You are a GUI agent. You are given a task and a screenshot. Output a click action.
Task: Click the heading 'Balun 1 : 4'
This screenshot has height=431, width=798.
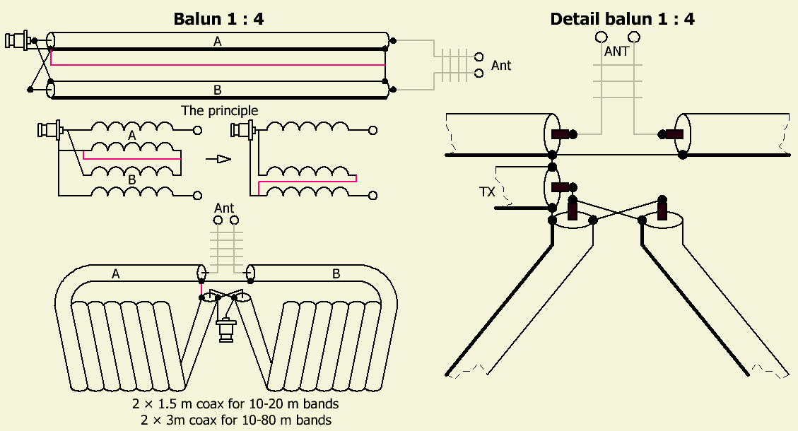click(218, 19)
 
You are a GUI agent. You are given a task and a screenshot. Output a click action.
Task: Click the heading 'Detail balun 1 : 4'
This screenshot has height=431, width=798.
click(622, 19)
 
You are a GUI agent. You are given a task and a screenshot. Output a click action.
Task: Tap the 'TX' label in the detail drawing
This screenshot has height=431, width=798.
click(488, 192)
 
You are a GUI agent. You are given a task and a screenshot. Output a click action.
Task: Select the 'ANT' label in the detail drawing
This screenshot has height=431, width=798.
click(616, 52)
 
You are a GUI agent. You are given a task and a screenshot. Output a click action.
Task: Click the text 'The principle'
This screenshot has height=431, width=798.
click(219, 110)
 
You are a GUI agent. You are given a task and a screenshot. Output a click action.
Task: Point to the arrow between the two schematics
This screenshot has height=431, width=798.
click(218, 159)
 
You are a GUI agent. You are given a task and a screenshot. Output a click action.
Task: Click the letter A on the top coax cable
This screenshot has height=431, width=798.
click(218, 42)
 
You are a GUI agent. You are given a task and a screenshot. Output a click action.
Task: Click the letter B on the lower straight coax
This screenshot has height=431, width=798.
click(218, 90)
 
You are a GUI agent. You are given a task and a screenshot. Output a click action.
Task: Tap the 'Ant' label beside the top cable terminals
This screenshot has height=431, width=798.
click(501, 66)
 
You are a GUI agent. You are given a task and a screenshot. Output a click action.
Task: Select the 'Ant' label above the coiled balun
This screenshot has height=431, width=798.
click(224, 208)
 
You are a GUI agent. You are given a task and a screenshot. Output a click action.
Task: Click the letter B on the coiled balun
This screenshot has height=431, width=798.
click(336, 274)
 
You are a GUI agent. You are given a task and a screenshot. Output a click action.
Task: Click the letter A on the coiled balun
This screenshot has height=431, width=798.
click(115, 274)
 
